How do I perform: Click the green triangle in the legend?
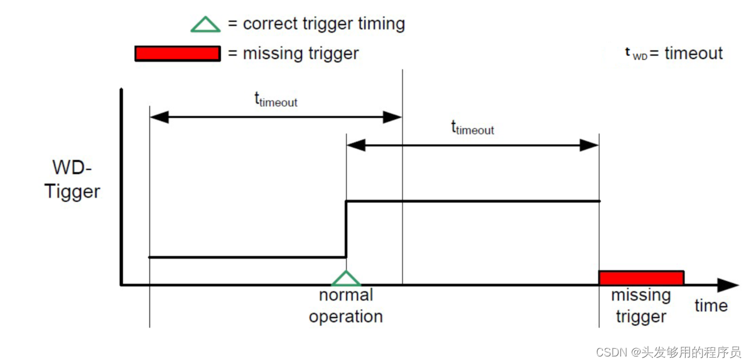pyautogui.click(x=206, y=24)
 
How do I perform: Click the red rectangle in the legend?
pyautogui.click(x=177, y=53)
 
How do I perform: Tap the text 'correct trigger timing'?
pyautogui.click(x=323, y=24)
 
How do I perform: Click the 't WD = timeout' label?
pyautogui.click(x=674, y=53)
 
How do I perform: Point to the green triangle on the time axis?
pyautogui.click(x=346, y=279)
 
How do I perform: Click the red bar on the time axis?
pyautogui.click(x=640, y=277)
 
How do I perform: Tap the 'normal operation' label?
pyautogui.click(x=346, y=306)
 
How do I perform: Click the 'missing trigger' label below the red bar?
pyautogui.click(x=640, y=306)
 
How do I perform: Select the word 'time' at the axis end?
pyautogui.click(x=711, y=306)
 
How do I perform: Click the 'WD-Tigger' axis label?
pyautogui.click(x=72, y=179)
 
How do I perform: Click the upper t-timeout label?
pyautogui.click(x=276, y=100)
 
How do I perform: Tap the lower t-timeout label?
pyautogui.click(x=472, y=128)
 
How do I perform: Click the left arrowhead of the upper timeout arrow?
pyautogui.click(x=158, y=117)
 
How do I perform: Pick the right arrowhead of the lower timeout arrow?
pyautogui.click(x=590, y=145)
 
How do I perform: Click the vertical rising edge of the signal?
pyautogui.click(x=346, y=229)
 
